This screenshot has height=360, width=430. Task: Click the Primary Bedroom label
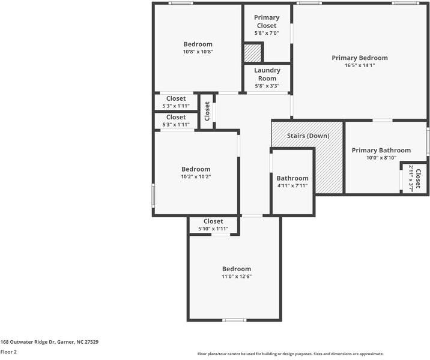(360, 58)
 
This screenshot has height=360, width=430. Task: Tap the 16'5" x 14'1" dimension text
(360, 65)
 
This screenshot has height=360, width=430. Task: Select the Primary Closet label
(267, 22)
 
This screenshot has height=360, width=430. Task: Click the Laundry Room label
(267, 74)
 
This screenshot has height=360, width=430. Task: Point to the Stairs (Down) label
(308, 136)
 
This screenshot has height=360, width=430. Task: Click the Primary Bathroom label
(381, 150)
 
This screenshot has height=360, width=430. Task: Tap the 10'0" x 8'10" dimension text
(381, 158)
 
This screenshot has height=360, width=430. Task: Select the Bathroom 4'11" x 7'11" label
(292, 178)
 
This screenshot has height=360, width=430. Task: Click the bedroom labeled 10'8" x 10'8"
(198, 44)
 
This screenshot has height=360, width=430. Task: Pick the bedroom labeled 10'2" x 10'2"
(196, 169)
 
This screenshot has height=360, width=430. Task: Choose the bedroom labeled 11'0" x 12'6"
(237, 269)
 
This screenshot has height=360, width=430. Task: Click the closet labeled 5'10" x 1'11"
(213, 221)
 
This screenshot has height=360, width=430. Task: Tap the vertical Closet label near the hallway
(207, 111)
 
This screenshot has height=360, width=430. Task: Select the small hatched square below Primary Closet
(253, 53)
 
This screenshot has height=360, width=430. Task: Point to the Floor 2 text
(8, 352)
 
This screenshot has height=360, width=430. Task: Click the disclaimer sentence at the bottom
(291, 354)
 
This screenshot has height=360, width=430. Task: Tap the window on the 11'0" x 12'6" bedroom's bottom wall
(234, 320)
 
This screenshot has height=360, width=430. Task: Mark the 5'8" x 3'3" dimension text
(267, 86)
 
